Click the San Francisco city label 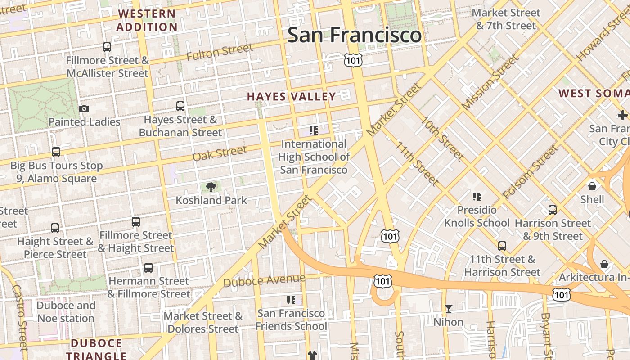[354, 35]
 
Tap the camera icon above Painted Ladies [84, 108]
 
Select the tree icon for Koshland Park [210, 187]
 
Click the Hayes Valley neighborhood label [291, 97]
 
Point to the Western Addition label [147, 20]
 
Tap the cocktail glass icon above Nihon [448, 309]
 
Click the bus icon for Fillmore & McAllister [107, 47]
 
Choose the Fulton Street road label [220, 53]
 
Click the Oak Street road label [220, 153]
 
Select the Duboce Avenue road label [264, 280]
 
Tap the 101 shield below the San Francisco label [353, 60]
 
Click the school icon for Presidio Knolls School [477, 197]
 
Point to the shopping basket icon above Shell [592, 185]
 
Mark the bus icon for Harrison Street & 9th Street [552, 210]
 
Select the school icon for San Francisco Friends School [291, 300]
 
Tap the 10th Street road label [442, 139]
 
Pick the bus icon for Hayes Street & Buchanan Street [180, 106]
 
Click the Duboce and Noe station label [66, 312]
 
